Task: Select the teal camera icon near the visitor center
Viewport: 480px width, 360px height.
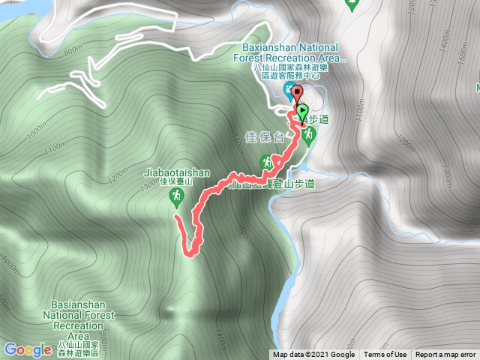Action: [289, 91]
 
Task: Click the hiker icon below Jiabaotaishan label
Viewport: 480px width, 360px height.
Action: [175, 196]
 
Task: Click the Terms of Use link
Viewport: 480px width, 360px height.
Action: [385, 355]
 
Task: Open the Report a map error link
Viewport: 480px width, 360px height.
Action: [445, 355]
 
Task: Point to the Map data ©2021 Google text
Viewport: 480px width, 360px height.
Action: [313, 355]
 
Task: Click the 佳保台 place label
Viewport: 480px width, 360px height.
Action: [265, 138]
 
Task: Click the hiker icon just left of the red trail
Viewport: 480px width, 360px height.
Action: [267, 161]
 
